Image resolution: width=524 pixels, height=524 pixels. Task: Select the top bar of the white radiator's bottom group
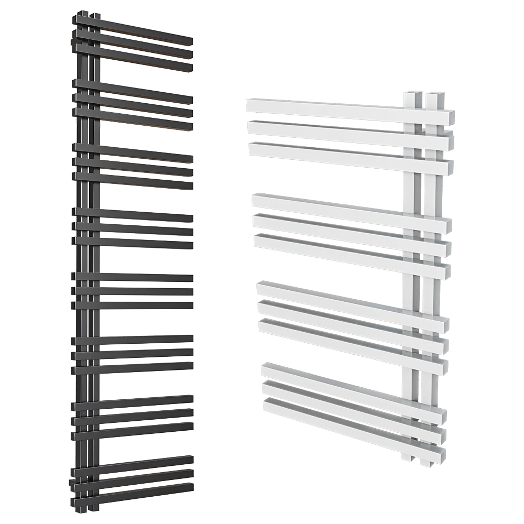pyautogui.click(x=351, y=385)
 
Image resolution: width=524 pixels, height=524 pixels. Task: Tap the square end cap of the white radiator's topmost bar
pyautogui.click(x=449, y=118)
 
